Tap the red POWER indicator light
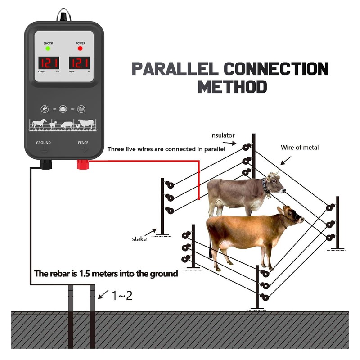click(x=81, y=48)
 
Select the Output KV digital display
click(x=48, y=63)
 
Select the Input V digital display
click(x=80, y=63)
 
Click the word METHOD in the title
click(x=232, y=86)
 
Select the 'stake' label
click(x=139, y=239)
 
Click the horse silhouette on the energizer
click(x=39, y=123)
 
